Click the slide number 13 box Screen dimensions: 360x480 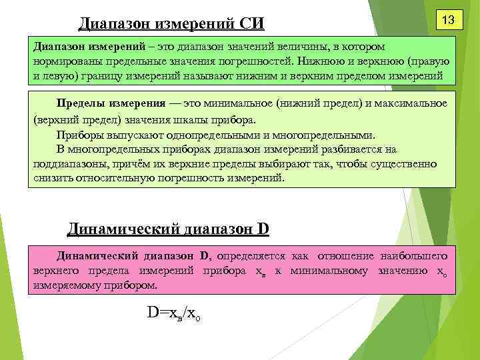(x=447, y=21)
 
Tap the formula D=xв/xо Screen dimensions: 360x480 (x=173, y=313)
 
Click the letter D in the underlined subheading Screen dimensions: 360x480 (x=262, y=229)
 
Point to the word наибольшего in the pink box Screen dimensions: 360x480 (x=413, y=255)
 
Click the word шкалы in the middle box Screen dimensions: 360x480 (x=193, y=120)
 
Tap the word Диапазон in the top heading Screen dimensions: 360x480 (x=114, y=24)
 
